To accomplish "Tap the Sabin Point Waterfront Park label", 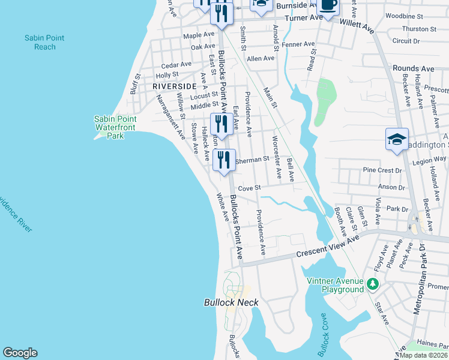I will point(116,127).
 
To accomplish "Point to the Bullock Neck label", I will point(231,302).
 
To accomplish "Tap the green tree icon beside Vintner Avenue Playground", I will point(373,284).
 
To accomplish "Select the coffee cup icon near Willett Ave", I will point(327,5).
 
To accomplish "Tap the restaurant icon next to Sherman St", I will point(223,160).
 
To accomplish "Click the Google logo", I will point(20,353).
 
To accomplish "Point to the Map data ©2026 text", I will point(423,355).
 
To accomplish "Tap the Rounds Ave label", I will point(413,68).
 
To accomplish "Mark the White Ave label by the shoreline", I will point(222,207).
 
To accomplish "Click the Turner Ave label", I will point(304,18).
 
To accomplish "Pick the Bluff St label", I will point(135,84).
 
